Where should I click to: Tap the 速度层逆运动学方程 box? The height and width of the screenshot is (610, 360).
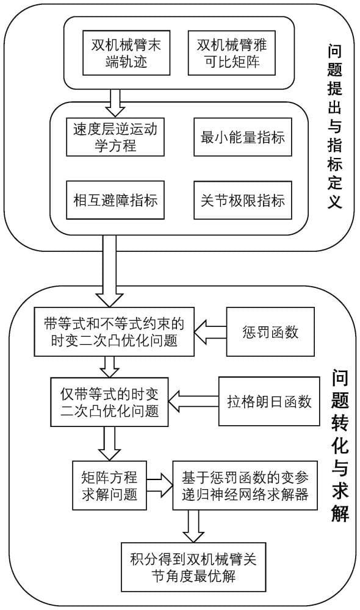(x=115, y=137)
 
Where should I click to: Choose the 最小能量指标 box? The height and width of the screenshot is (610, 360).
(x=243, y=137)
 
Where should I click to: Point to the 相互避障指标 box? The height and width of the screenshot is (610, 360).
(x=115, y=200)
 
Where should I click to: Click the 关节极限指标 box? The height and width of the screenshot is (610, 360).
(x=243, y=200)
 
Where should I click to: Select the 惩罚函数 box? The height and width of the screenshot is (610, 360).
(x=270, y=332)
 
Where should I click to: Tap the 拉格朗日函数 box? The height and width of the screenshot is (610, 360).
(x=269, y=401)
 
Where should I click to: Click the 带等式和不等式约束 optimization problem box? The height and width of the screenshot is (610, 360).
(x=114, y=332)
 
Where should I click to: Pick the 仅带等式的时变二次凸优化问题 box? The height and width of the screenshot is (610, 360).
(x=110, y=402)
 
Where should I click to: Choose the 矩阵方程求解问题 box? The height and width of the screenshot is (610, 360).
(x=109, y=485)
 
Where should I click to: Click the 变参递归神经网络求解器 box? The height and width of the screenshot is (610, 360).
(x=245, y=485)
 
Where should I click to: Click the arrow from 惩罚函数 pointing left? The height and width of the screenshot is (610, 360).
(x=211, y=331)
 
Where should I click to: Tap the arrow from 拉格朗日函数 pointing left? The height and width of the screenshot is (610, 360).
(x=194, y=401)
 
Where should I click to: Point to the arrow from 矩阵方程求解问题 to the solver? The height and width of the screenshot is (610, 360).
(x=160, y=485)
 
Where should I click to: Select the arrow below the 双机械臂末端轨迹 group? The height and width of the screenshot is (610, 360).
(x=115, y=102)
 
